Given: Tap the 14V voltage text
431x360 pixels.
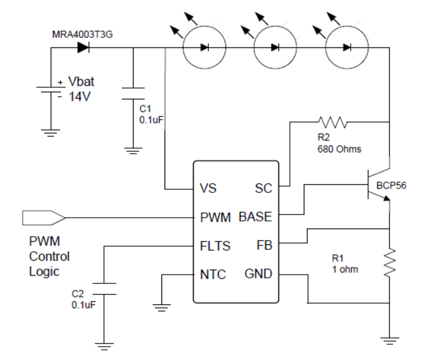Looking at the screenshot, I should (x=81, y=99).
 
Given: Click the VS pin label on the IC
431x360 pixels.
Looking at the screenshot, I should (x=208, y=189).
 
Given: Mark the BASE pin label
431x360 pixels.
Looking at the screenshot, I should (x=256, y=217).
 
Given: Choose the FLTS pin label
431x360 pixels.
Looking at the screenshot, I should (x=214, y=245).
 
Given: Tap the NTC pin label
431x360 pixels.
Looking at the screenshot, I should (x=212, y=274).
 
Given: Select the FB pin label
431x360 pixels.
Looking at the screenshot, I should (x=264, y=245).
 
